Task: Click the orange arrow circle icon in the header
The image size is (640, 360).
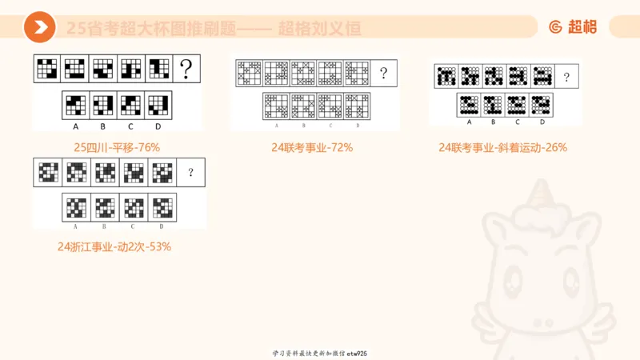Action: (x=39, y=28)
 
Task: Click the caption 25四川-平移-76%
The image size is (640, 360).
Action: (x=117, y=147)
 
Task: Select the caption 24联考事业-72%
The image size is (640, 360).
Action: (x=312, y=147)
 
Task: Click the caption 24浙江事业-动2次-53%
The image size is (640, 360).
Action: (x=114, y=246)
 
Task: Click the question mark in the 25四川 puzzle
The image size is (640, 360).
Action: (x=187, y=70)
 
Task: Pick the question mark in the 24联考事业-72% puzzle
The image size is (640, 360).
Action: (x=384, y=74)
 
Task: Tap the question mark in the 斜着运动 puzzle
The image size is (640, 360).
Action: (x=566, y=77)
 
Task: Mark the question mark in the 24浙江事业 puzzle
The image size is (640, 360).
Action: (x=190, y=172)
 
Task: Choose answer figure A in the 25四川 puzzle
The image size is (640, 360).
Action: (x=75, y=105)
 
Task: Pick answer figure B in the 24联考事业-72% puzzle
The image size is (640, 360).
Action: (x=303, y=106)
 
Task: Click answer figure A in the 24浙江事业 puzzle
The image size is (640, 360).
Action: (x=77, y=207)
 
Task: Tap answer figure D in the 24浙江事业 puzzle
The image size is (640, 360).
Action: (x=162, y=207)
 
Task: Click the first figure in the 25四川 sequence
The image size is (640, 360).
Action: (x=47, y=70)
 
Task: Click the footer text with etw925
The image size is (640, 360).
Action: (x=319, y=353)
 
